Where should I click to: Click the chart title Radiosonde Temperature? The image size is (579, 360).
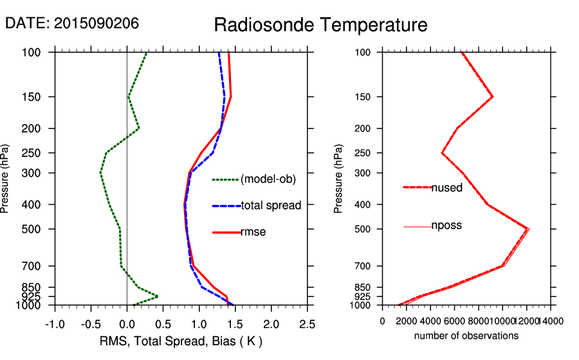tap(320, 26)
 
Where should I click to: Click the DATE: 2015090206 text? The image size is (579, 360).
tap(72, 23)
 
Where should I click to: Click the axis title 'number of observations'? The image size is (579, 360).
tap(466, 336)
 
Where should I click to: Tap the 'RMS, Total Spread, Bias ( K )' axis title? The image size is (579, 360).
tap(181, 341)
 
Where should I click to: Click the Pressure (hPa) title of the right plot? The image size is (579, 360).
tap(338, 179)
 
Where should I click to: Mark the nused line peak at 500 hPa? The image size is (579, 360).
tap(528, 229)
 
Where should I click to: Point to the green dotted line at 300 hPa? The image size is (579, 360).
tap(100, 173)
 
